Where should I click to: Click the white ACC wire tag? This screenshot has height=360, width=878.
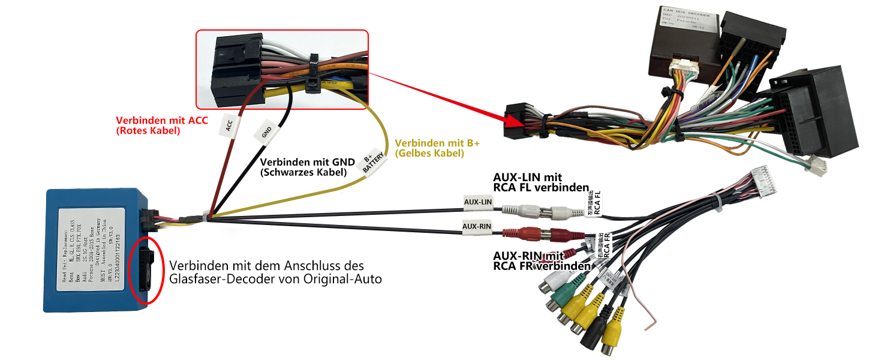tap(228, 125)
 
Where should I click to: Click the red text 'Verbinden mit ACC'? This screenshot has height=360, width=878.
tap(162, 120)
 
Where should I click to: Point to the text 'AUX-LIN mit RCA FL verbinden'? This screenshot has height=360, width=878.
tap(540, 182)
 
